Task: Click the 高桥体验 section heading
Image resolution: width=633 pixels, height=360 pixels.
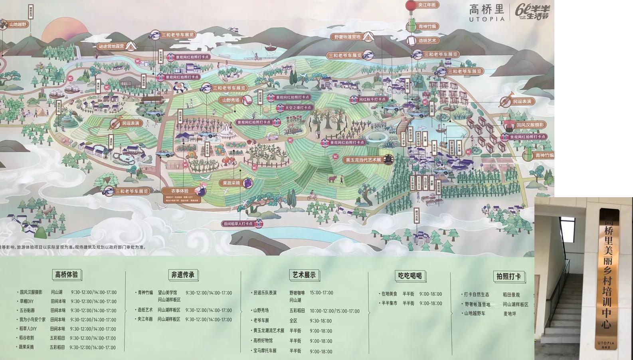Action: click(67, 275)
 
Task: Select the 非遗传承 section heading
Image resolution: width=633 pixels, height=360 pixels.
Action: click(183, 275)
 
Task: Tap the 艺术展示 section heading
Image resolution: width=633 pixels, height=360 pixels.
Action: click(304, 275)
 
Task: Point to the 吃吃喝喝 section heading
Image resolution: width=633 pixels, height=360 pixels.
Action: click(410, 276)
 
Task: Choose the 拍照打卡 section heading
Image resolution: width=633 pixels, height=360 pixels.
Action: click(508, 277)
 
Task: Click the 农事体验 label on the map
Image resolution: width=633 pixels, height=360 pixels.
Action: click(180, 191)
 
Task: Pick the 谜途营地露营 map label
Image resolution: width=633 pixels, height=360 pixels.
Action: click(112, 46)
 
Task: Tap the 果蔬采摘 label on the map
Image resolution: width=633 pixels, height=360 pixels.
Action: click(231, 183)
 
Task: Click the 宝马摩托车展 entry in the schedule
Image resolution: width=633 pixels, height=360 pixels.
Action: click(265, 351)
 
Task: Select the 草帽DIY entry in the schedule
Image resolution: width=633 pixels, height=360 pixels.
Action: click(26, 301)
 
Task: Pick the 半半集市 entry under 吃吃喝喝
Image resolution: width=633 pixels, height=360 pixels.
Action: click(389, 303)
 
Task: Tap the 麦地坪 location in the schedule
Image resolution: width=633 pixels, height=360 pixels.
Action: click(509, 314)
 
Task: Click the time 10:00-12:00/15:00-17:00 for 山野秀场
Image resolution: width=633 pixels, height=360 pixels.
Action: click(334, 311)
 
